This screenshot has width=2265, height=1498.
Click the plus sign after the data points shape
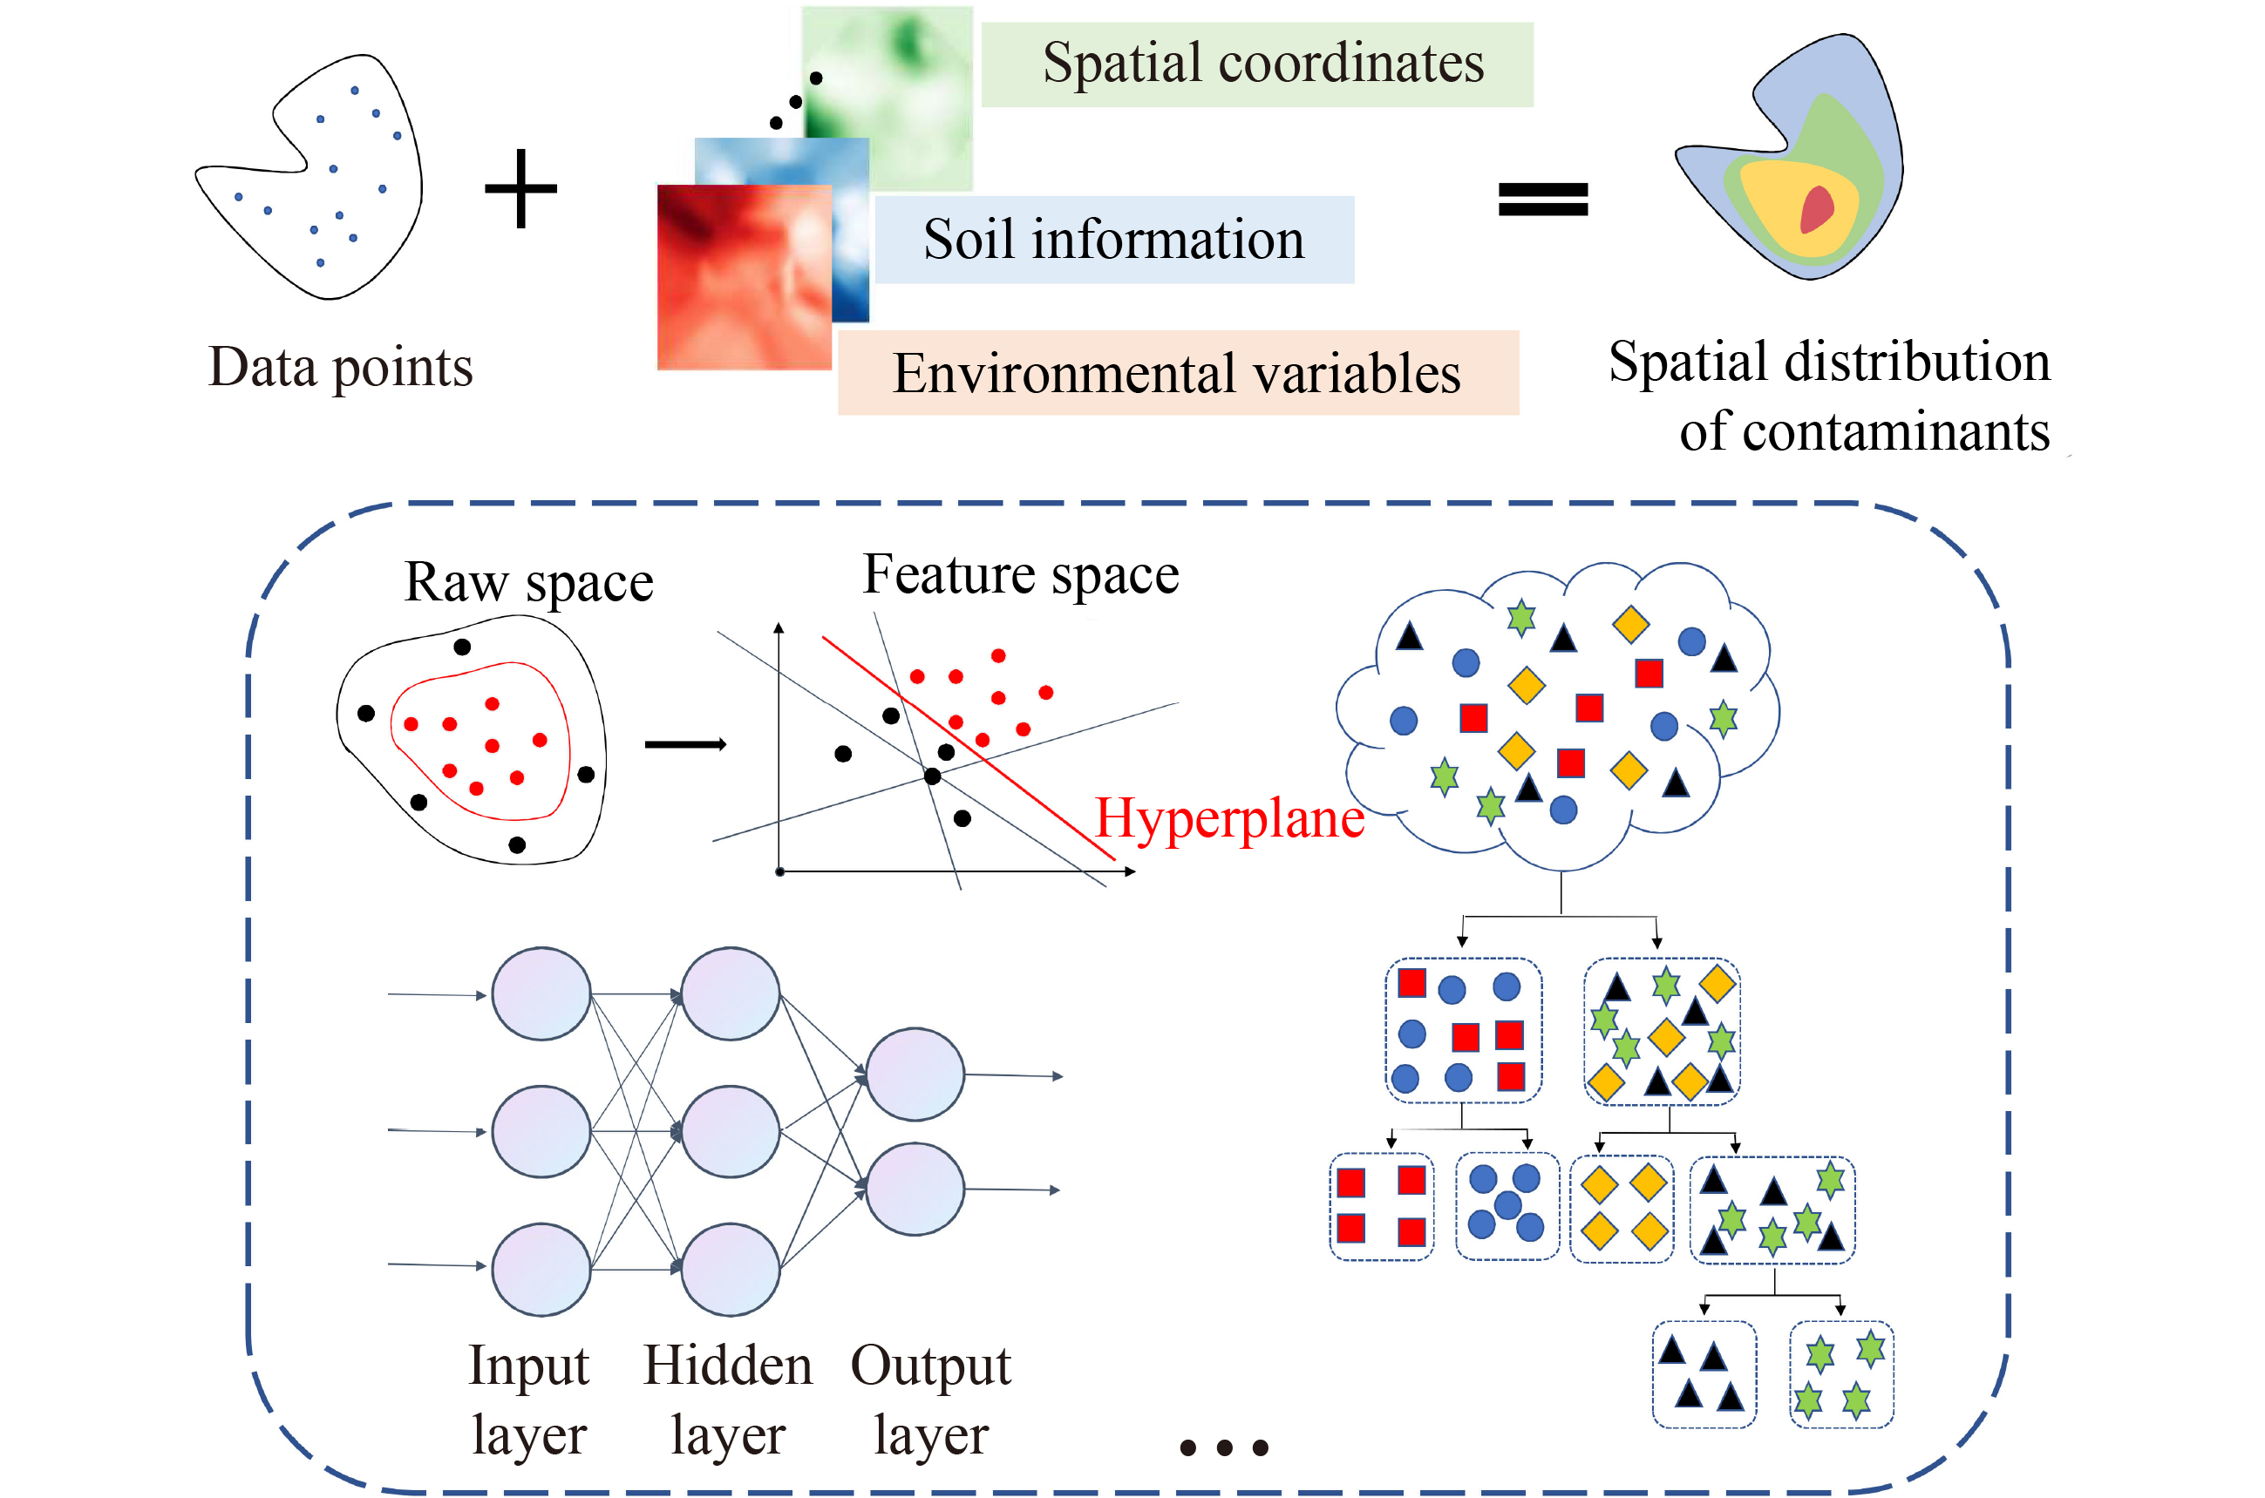tap(520, 189)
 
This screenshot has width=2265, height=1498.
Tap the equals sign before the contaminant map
tap(1542, 200)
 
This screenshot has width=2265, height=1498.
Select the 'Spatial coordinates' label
tap(1262, 64)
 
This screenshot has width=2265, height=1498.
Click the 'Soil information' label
tap(1113, 240)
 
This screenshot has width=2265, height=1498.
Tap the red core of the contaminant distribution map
tap(1817, 209)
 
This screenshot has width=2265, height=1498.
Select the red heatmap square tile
tap(744, 277)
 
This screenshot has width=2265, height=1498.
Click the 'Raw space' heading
tap(528, 582)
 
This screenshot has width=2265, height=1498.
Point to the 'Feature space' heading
tap(1021, 575)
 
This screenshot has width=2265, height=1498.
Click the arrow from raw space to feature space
tap(685, 744)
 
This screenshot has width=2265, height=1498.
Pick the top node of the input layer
tap(541, 993)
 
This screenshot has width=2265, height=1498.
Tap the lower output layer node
tap(915, 1190)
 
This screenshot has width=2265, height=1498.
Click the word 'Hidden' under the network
tap(727, 1366)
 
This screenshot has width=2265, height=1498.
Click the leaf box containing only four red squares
tap(1381, 1207)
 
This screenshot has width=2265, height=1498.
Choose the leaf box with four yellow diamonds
tap(1622, 1209)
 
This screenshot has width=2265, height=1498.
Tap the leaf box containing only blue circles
tap(1507, 1207)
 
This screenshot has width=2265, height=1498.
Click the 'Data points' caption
tap(340, 368)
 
